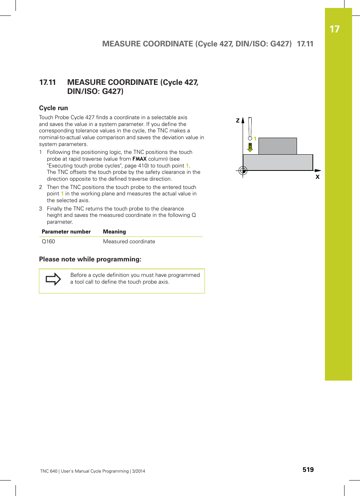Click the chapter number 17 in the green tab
coord(334,29)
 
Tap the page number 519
coord(308,470)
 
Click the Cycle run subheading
coord(54,108)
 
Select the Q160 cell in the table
coord(48,241)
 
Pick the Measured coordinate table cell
coord(129,241)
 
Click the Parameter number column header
coord(66,232)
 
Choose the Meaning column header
coord(114,232)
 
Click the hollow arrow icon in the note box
coord(53,279)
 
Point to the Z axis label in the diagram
coord(238,121)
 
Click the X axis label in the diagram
coord(317,177)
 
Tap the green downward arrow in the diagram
coord(250,147)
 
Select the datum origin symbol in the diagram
coord(243,171)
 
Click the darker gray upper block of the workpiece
coord(277,146)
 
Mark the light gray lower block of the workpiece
coord(278,162)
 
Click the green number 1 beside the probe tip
coord(255,139)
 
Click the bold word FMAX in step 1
coord(139,159)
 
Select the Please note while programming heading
coord(90,259)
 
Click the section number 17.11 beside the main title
coord(48,82)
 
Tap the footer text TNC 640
coord(49,471)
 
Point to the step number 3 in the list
coord(41,209)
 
